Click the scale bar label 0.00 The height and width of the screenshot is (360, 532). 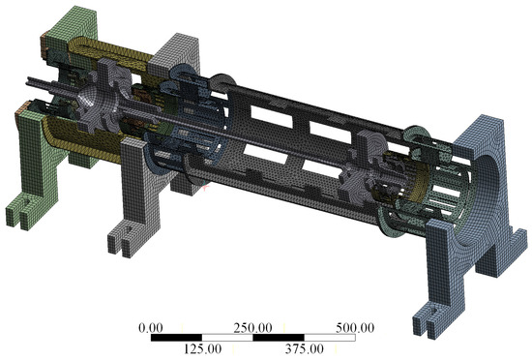point(151,328)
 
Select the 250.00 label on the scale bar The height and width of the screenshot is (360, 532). point(252,328)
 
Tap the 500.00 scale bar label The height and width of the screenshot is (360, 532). point(355,328)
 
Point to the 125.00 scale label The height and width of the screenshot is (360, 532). point(202,348)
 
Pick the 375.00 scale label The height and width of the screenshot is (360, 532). point(305,348)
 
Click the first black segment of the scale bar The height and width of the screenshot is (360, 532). point(176,338)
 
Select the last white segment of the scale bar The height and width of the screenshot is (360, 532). point(330,338)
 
